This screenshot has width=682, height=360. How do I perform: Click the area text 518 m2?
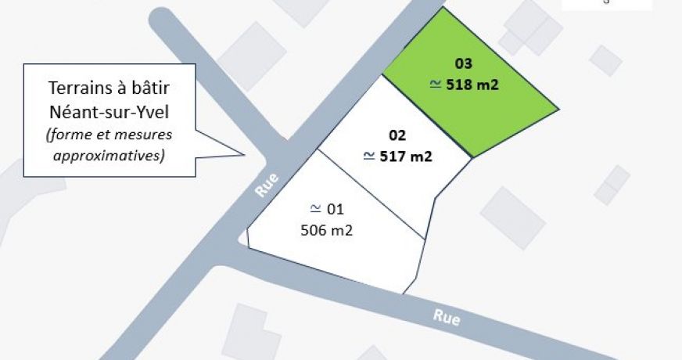pyautogui.click(x=472, y=85)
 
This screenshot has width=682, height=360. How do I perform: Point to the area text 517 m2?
pyautogui.click(x=406, y=157)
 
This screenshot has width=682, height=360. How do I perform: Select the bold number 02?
pyautogui.click(x=397, y=134)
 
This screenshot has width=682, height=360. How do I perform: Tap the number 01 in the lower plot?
pyautogui.click(x=335, y=209)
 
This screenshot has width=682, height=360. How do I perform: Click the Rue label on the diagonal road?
pyautogui.click(x=267, y=187)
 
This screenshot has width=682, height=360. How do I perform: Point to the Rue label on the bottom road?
pyautogui.click(x=447, y=318)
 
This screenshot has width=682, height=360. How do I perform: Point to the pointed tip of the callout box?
pyautogui.click(x=244, y=151)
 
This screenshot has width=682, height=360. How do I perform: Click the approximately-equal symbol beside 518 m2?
pyautogui.click(x=436, y=84)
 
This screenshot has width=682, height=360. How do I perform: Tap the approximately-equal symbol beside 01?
pyautogui.click(x=315, y=208)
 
